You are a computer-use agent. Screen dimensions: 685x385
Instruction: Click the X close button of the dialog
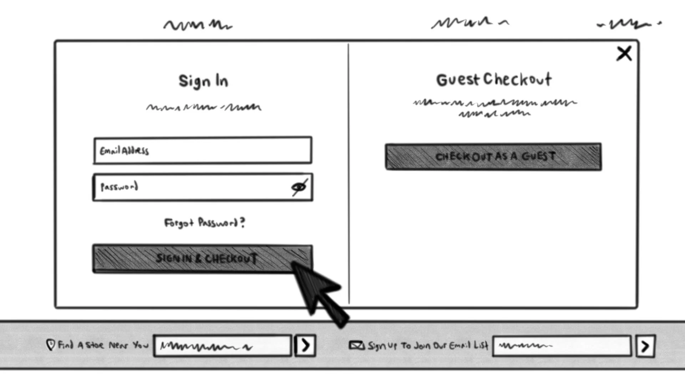pyautogui.click(x=624, y=54)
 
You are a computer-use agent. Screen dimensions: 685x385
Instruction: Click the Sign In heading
pyautogui.click(x=203, y=81)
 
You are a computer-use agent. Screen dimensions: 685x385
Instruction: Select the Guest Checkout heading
pyautogui.click(x=494, y=79)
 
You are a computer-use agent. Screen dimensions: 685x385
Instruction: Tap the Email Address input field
pyautogui.click(x=203, y=150)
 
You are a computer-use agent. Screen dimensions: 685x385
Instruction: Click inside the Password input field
pyautogui.click(x=193, y=188)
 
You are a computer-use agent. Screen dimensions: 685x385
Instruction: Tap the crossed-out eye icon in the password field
pyautogui.click(x=299, y=187)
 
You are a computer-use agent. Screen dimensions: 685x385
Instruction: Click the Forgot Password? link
pyautogui.click(x=204, y=223)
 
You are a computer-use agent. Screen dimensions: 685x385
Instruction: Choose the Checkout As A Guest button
pyautogui.click(x=493, y=157)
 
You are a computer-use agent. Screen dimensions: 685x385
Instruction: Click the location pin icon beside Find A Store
pyautogui.click(x=51, y=345)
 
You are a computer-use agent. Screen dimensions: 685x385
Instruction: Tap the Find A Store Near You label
pyautogui.click(x=103, y=345)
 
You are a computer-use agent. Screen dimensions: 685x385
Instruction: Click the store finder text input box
pyautogui.click(x=223, y=345)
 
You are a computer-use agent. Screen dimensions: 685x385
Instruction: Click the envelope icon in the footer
pyautogui.click(x=356, y=345)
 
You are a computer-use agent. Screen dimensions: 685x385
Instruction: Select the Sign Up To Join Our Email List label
pyautogui.click(x=428, y=345)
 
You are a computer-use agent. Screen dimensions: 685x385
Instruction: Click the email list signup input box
pyautogui.click(x=562, y=346)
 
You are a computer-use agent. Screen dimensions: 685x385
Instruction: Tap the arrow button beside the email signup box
pyautogui.click(x=645, y=346)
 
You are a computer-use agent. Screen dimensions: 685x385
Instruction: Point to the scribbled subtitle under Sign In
pyautogui.click(x=204, y=107)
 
